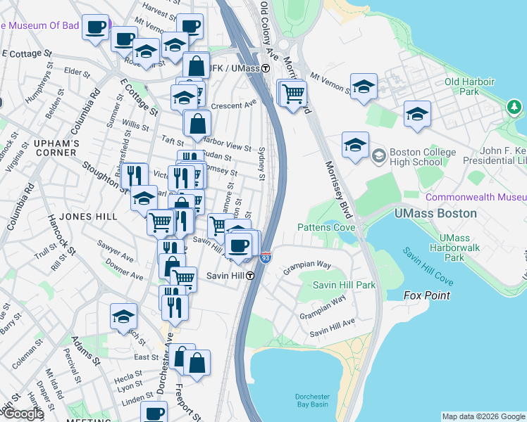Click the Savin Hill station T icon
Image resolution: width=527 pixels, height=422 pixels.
(250, 276)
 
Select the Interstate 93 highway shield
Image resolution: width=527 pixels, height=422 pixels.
(266, 258)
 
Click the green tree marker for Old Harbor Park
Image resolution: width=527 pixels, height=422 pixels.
(514, 106)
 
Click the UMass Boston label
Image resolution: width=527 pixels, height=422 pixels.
(435, 213)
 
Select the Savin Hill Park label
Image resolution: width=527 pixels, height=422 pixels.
(344, 285)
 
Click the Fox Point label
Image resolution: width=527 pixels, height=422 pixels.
(426, 295)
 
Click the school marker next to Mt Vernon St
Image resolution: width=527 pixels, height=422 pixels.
(364, 87)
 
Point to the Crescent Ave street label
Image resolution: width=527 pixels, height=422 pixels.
(234, 103)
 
